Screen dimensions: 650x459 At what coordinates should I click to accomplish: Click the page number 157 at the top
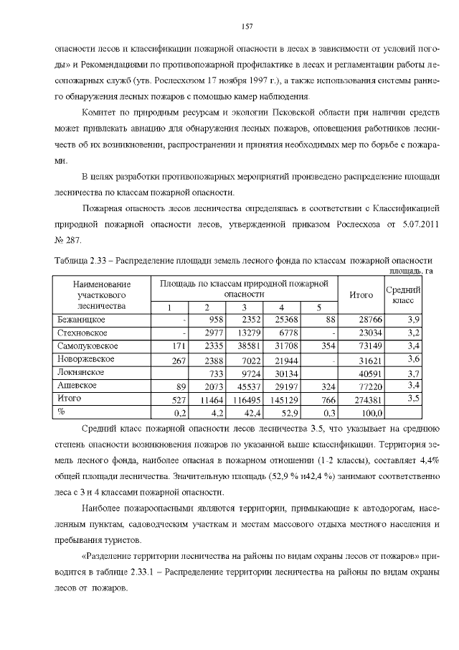[246, 26]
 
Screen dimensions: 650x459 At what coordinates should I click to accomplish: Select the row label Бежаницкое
[80, 319]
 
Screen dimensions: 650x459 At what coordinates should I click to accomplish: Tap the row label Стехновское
[82, 333]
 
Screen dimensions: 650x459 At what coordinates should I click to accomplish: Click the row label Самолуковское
[87, 346]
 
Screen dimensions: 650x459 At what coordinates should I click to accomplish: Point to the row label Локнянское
[81, 372]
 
